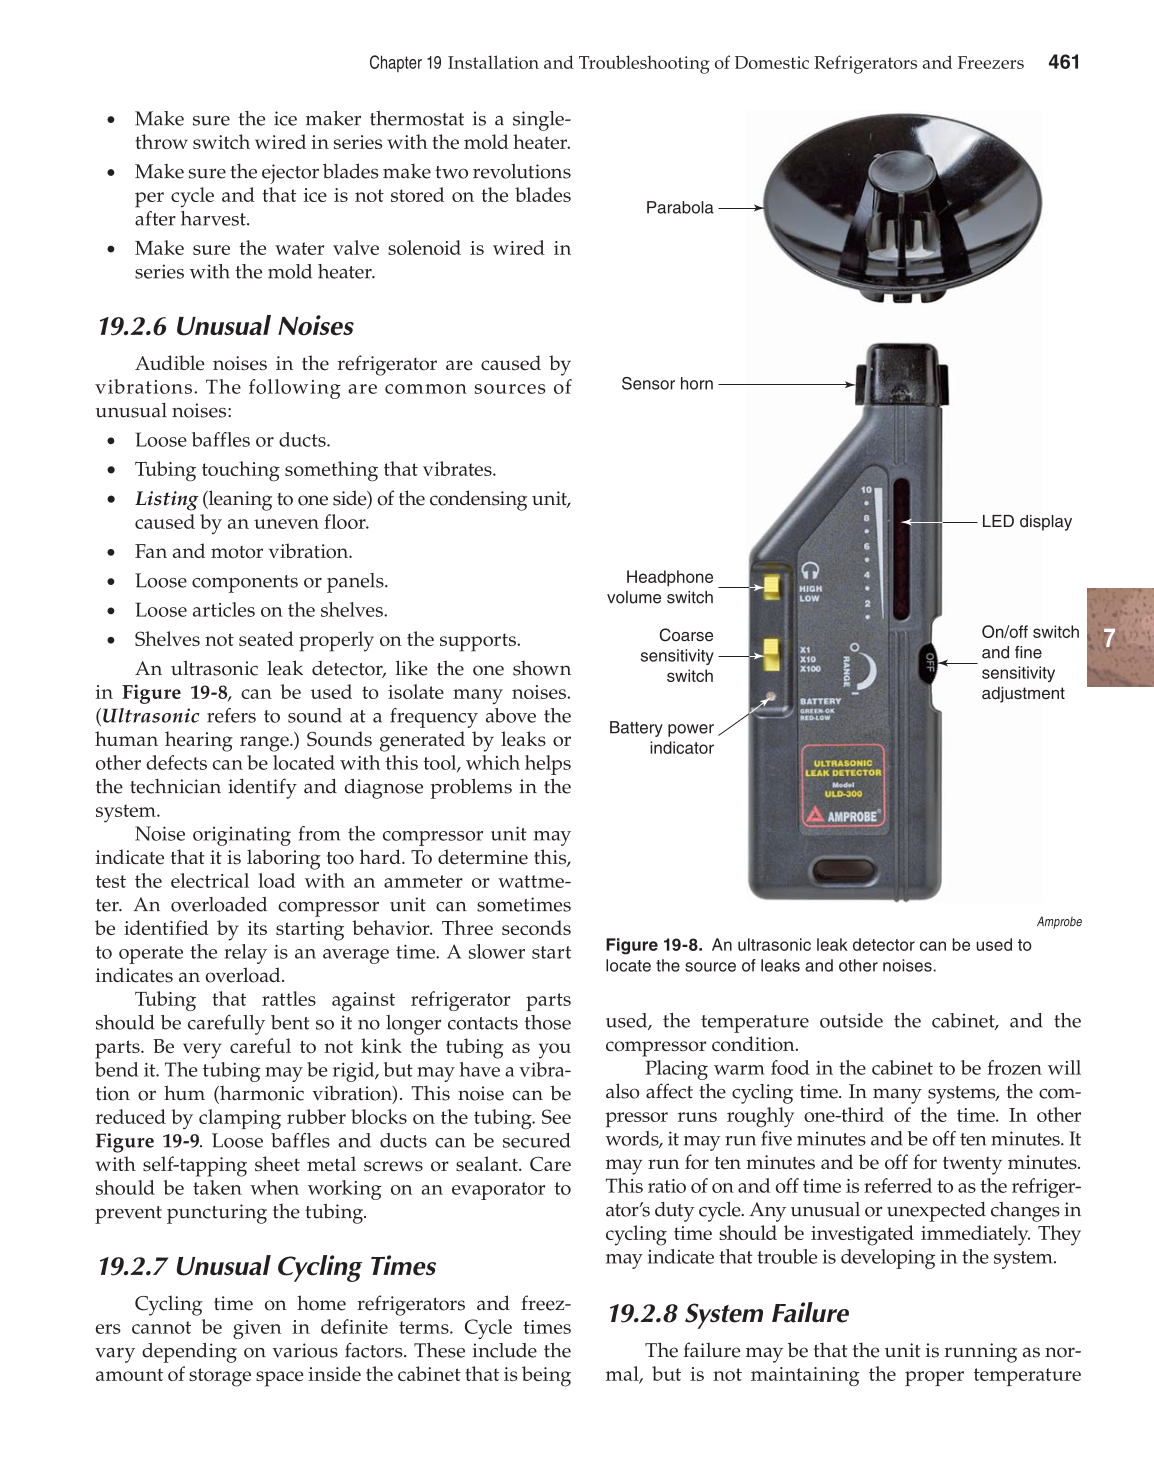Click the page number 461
1063,63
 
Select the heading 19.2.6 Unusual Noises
225,327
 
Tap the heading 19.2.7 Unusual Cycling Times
266,1267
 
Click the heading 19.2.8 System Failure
727,1314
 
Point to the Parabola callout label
679,208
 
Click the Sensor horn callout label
667,384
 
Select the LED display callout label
1026,522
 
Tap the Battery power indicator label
661,738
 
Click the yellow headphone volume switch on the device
771,585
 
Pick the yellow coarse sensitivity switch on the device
771,655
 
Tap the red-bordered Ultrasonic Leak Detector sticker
842,788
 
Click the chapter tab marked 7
1118,637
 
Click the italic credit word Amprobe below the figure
1059,922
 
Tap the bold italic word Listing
166,499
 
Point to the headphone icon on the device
810,569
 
